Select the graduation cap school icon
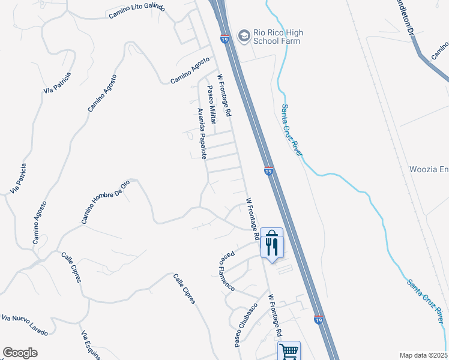(x=244, y=36)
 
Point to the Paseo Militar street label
(x=212, y=104)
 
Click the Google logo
(x=20, y=353)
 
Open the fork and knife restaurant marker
(x=272, y=245)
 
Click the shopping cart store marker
(x=289, y=350)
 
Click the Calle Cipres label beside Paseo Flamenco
(x=184, y=289)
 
